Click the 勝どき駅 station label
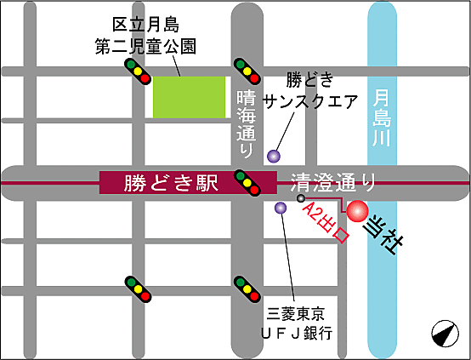171,183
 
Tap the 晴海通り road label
245,123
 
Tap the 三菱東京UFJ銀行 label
297,322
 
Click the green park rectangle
189,96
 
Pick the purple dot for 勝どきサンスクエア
273,156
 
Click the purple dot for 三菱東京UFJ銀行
281,208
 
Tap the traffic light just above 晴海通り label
246,70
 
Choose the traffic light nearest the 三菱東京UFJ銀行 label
246,289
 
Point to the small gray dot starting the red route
300,198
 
